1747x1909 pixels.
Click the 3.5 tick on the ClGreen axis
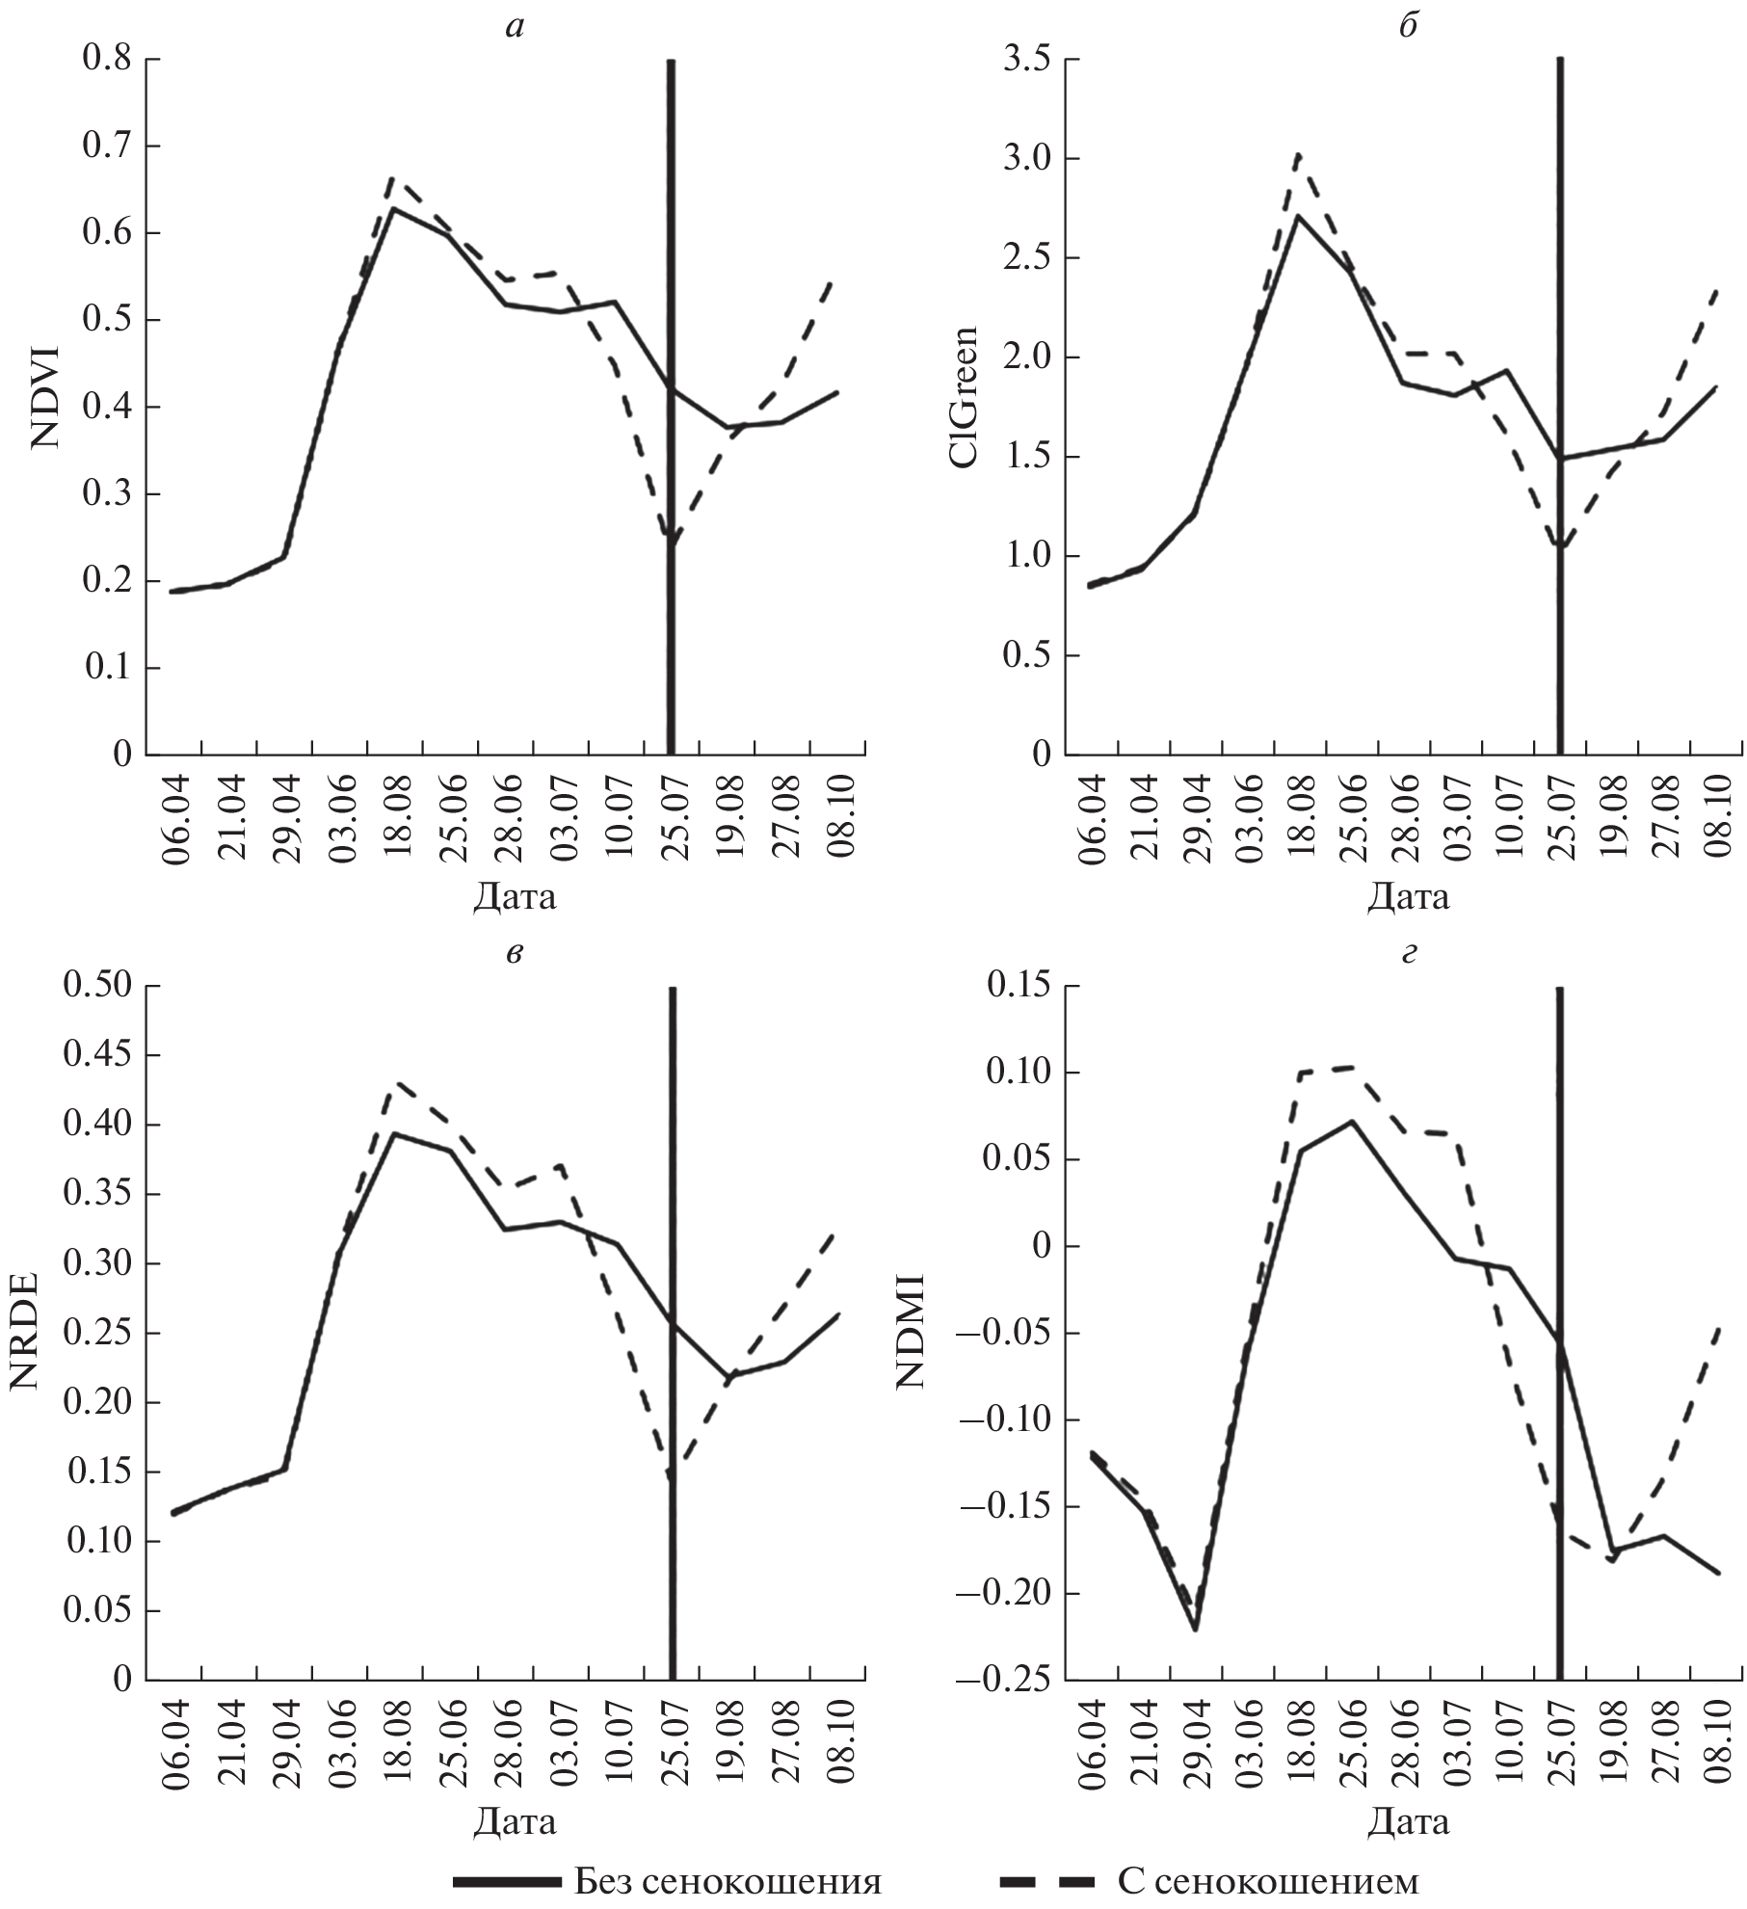coord(1024,60)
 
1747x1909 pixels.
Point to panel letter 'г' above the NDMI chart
coord(1408,954)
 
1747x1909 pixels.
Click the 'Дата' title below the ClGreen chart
coord(1407,898)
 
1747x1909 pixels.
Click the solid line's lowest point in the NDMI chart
coord(1195,1629)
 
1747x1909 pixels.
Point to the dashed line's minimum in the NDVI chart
coord(672,543)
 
